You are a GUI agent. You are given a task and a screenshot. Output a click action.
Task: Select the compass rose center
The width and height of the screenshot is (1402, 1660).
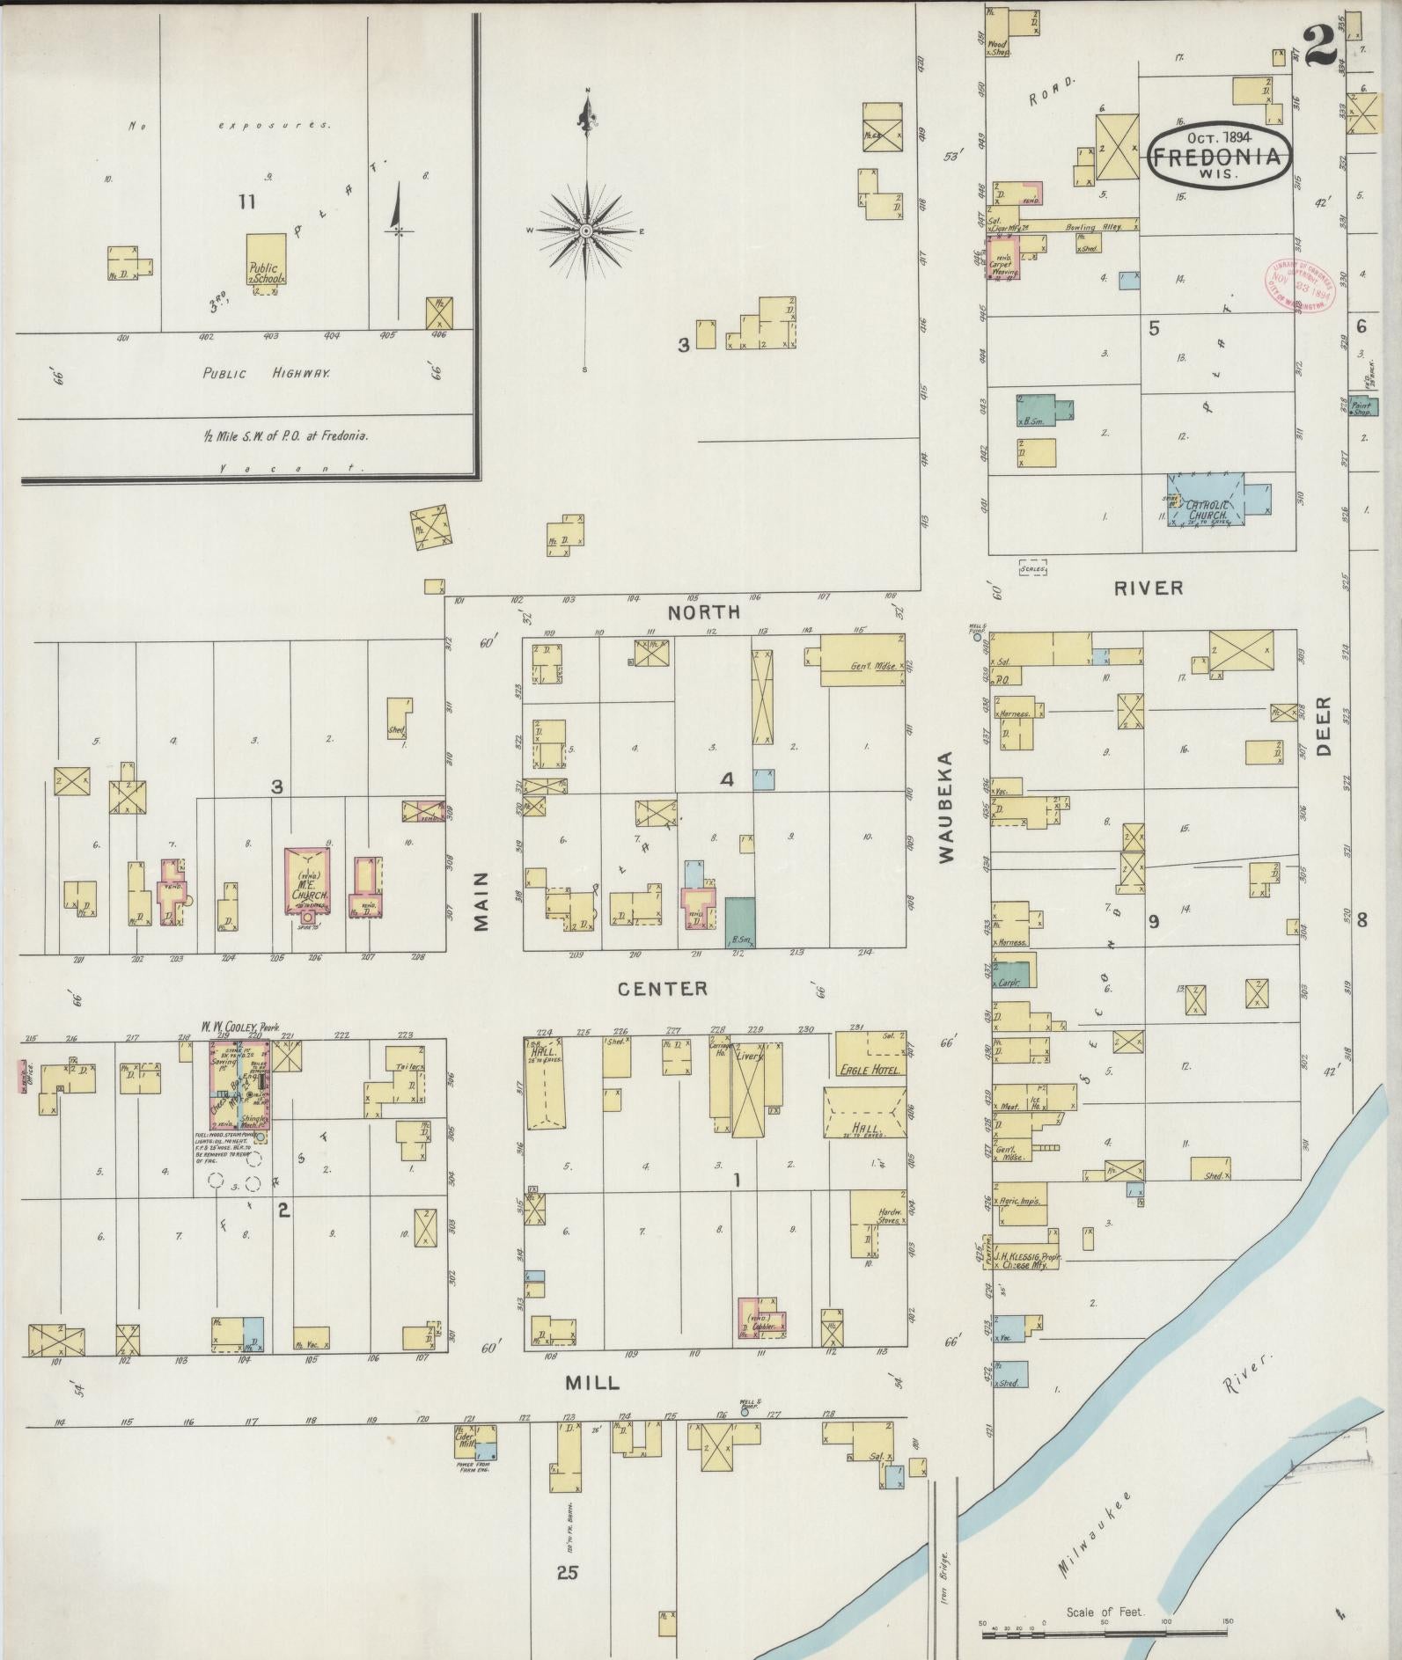point(585,231)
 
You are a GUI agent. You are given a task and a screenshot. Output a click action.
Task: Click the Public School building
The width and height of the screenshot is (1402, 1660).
point(265,260)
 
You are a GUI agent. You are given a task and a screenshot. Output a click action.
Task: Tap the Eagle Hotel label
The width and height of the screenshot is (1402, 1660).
point(869,1071)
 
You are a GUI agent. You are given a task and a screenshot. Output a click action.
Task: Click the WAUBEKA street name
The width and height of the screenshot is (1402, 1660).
point(947,808)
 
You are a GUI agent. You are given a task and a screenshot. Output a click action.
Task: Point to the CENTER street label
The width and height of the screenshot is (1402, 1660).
point(663,989)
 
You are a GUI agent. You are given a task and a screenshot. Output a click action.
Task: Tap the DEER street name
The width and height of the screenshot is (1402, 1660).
point(1325,727)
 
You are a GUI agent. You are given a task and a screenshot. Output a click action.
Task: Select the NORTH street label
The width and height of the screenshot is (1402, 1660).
point(703,612)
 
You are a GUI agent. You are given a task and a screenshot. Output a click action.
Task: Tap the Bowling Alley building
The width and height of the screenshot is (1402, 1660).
point(1083,227)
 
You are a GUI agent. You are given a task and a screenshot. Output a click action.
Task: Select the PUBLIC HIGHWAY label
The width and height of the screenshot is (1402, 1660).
point(267,373)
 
